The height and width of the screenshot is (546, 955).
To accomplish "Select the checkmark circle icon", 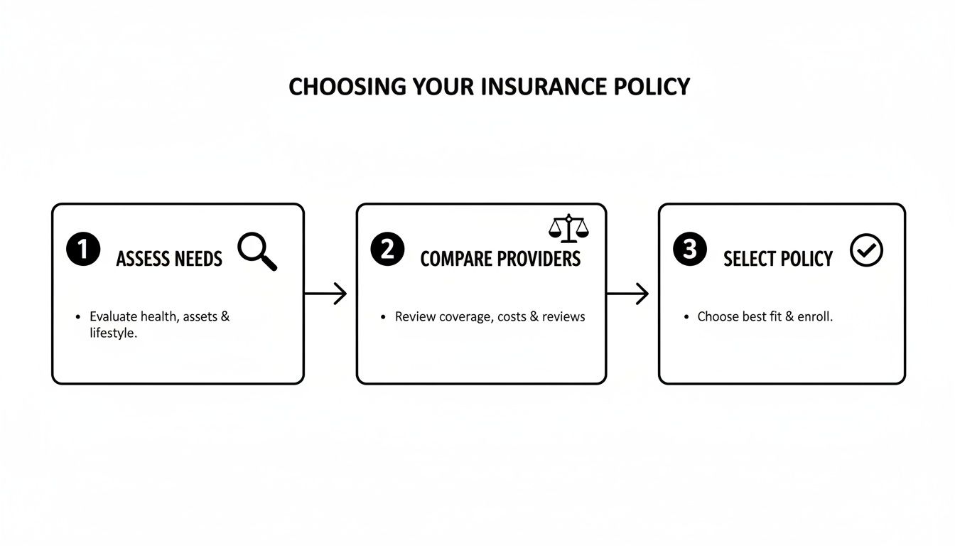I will click(866, 251).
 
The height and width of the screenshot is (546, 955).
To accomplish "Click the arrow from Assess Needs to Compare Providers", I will click(325, 294).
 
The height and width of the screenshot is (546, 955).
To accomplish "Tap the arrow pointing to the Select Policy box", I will click(628, 294).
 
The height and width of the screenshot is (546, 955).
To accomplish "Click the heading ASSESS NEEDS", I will click(169, 259).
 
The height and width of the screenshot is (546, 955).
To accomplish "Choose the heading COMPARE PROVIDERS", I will click(500, 259).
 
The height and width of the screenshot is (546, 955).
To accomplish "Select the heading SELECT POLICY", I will click(778, 259).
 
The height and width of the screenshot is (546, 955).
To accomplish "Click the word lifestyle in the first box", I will click(112, 333).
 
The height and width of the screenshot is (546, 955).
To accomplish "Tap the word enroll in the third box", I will click(814, 317).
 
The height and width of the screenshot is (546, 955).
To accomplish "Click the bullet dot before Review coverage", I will click(383, 317).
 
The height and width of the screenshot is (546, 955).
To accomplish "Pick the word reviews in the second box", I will click(563, 317).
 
